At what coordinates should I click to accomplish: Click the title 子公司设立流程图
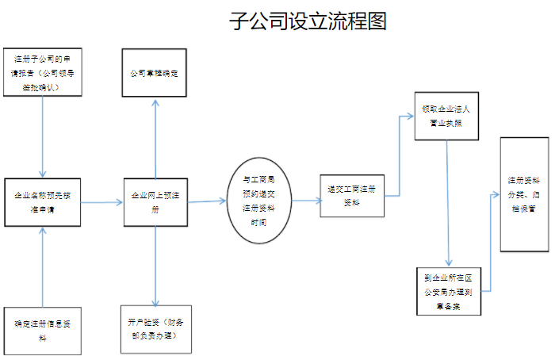308,21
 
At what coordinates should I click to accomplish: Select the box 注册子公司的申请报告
44,72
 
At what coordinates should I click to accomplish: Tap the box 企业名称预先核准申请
45,202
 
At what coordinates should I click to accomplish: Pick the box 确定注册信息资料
44,330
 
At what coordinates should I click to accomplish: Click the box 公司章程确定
155,73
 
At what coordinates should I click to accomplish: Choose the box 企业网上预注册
155,202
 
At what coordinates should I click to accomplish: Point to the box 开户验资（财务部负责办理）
155,329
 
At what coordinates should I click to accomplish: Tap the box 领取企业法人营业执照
446,116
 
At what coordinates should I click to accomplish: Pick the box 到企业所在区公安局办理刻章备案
448,292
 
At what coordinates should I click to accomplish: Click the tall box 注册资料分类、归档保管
524,194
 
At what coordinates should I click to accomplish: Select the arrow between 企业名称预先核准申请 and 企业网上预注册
103,203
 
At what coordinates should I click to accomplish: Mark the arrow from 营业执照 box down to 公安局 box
449,203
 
